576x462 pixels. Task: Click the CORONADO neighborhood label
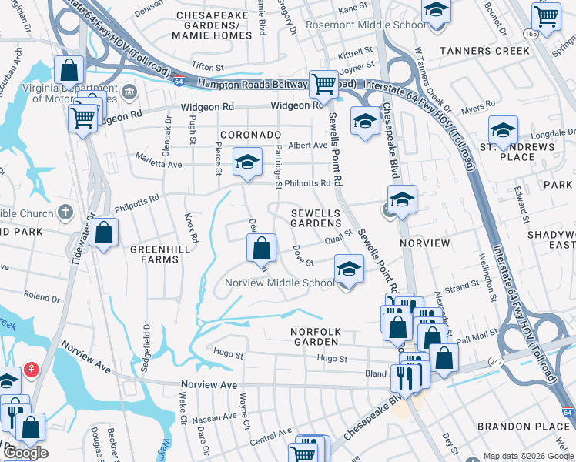coord(250,134)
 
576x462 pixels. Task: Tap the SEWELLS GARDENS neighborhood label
coord(316,217)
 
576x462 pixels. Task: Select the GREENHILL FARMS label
coord(154,254)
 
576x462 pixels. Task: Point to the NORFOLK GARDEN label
coord(315,336)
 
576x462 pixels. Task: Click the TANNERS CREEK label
coord(484,51)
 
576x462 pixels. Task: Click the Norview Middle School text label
coord(280,283)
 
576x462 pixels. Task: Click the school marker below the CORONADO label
coord(247,162)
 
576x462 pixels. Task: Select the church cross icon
coord(66,212)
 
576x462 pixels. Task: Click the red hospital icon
coord(32,371)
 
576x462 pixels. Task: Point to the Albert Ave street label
coord(308,146)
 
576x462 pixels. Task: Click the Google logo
coord(26,453)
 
